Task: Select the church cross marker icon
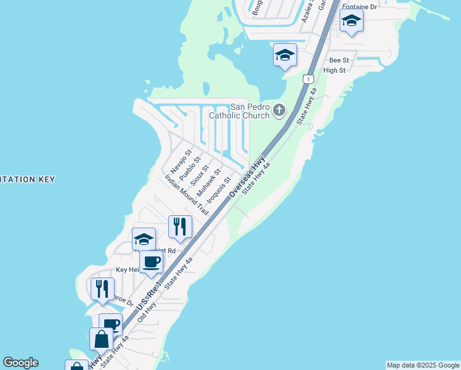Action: [x=279, y=111]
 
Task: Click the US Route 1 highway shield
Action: [x=308, y=79]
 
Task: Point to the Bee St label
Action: [x=339, y=60]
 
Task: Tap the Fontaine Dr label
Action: [x=358, y=7]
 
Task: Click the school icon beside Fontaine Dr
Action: [x=351, y=20]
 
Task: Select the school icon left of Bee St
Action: [x=285, y=55]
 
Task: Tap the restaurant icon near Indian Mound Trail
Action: [x=180, y=226]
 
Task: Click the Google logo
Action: [x=20, y=363]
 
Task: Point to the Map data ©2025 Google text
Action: [x=423, y=365]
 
